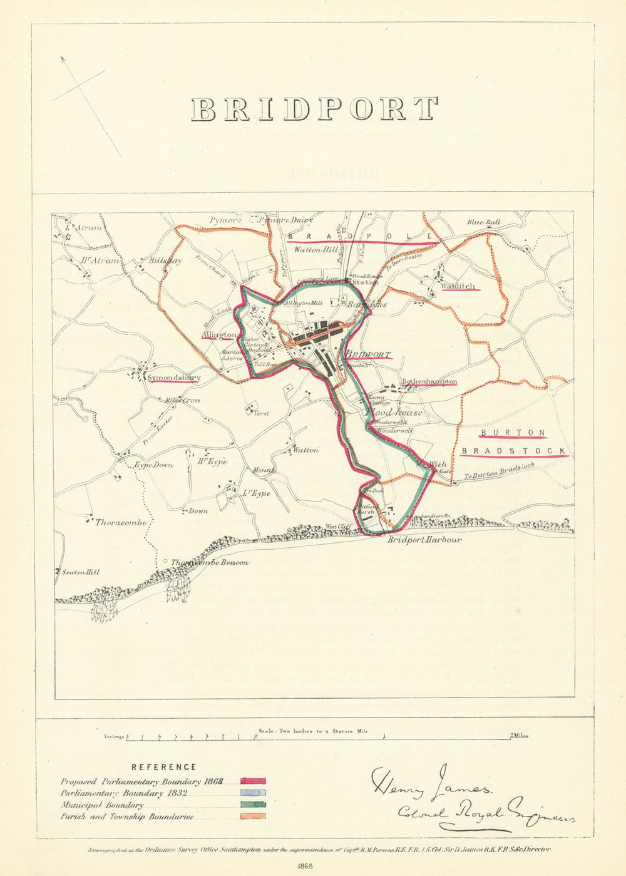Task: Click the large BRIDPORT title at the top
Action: point(314,110)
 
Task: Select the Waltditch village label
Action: point(458,287)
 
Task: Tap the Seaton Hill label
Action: point(80,572)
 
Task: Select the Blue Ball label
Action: point(484,222)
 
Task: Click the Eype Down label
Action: point(153,465)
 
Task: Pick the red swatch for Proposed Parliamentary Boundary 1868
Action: point(252,781)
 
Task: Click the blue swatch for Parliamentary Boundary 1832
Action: point(252,793)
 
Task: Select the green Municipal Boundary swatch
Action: point(252,805)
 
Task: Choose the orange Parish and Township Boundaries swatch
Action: point(252,816)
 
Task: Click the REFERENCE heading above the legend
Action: point(164,767)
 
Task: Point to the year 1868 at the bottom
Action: point(305,866)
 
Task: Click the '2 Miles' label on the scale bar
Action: point(520,736)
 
